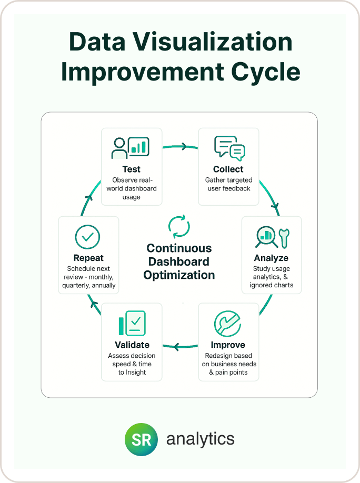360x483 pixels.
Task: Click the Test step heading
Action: point(132,169)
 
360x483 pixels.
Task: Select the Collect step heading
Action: point(228,169)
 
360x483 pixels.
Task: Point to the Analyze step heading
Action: point(271,258)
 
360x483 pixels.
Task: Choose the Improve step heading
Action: point(228,345)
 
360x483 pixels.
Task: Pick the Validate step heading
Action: point(132,345)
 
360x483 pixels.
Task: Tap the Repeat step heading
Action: point(88,258)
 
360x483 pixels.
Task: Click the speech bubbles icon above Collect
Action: point(229,148)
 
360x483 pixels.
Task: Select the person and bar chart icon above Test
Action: point(131,147)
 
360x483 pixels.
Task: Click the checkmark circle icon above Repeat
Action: point(87,237)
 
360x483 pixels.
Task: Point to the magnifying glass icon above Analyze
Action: point(266,237)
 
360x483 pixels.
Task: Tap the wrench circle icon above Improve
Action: point(227,324)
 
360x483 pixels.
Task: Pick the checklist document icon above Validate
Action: point(132,323)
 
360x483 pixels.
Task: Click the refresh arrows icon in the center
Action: point(179,226)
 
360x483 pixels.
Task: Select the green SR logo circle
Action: point(142,439)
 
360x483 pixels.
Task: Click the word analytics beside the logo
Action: point(201,439)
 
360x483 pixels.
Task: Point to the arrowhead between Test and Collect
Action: point(184,147)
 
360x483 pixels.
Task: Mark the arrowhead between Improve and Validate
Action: point(176,346)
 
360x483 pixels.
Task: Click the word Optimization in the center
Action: point(179,275)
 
